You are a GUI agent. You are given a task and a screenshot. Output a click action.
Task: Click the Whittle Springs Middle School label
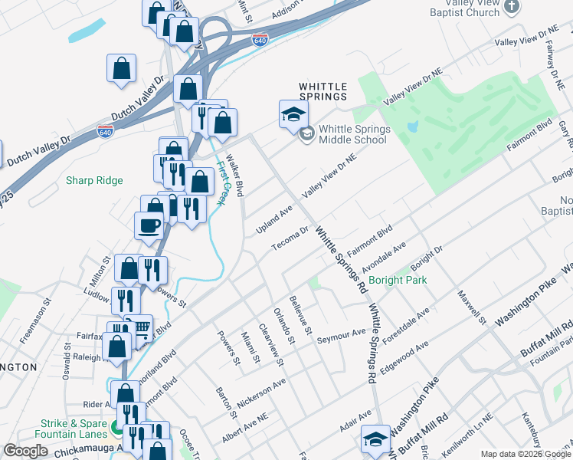pos(353,134)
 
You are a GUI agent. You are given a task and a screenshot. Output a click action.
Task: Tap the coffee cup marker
pos(149,225)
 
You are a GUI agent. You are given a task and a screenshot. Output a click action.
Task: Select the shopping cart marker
pos(139,328)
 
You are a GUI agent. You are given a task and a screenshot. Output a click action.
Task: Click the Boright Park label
pos(397,280)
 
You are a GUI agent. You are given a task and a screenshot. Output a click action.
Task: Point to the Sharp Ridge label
pos(93,180)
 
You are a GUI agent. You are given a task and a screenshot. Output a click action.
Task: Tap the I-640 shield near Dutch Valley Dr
pos(106,132)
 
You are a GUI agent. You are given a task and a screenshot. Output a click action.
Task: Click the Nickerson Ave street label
pos(263,390)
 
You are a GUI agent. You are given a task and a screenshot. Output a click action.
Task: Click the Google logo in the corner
pos(26,451)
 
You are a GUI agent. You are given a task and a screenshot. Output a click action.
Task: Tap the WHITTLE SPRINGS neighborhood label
pos(323,91)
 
